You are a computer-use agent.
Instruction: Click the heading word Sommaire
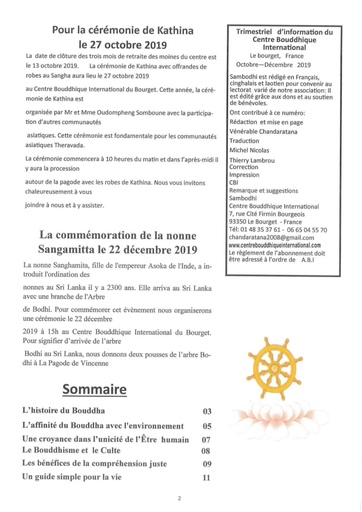click(x=95, y=389)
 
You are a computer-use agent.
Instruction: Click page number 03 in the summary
click(x=207, y=411)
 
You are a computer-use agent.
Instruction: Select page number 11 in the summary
click(x=207, y=477)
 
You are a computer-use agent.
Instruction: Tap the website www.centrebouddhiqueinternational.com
click(x=275, y=245)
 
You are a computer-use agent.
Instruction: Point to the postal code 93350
click(x=240, y=222)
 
